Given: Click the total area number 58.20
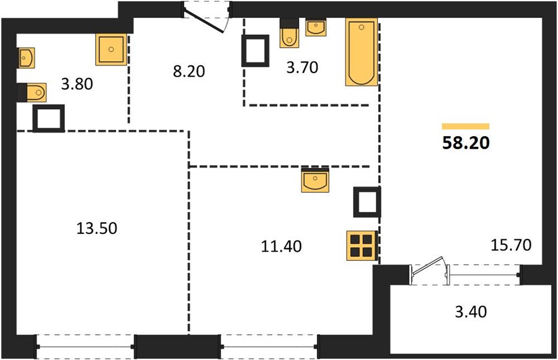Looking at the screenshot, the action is tap(466, 143).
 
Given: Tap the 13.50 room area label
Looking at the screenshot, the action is tap(97, 229).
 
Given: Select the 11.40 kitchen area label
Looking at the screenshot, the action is tap(281, 246).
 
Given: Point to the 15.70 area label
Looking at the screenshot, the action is tap(511, 245).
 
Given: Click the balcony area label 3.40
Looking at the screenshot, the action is tap(471, 311).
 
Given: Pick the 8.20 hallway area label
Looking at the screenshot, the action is tap(189, 71).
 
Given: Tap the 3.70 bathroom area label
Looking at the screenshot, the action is tap(302, 67).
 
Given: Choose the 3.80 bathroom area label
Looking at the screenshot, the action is tap(77, 85).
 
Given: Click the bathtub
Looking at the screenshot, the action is tap(361, 52).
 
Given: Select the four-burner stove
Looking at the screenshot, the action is tap(362, 245).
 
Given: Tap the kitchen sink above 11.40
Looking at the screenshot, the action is tap(315, 181).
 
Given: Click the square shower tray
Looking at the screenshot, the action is tap(112, 49).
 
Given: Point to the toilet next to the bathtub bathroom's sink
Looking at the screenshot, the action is tap(289, 33).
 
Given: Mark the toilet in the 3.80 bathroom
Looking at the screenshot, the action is tap(32, 92).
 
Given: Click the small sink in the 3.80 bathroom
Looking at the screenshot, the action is tap(26, 58).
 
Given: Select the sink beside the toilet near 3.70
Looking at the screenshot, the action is tap(316, 27).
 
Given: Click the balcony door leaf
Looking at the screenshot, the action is tap(427, 266).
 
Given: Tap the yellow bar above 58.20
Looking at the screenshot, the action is tap(466, 126).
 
